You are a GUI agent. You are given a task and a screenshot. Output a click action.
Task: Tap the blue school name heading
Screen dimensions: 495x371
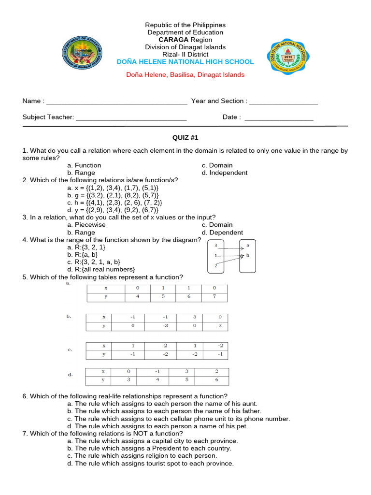point(185,62)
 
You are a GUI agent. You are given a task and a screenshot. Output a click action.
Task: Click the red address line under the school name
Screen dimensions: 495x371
point(185,75)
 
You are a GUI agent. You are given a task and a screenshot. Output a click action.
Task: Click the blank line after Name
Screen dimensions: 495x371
point(116,102)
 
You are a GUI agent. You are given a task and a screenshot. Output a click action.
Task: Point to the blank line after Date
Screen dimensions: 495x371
point(279,118)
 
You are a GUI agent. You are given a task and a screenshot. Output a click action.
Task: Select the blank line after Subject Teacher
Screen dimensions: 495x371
point(131,118)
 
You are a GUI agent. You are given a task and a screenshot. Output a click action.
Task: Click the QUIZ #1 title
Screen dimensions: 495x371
point(185,138)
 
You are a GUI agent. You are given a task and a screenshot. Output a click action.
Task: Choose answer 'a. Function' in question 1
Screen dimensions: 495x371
point(85,165)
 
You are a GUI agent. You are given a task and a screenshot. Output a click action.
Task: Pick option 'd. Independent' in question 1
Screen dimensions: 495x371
point(225,173)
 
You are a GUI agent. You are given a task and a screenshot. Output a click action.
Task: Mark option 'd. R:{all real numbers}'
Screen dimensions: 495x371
point(101,269)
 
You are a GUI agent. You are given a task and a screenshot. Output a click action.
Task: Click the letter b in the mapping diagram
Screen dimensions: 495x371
point(248,255)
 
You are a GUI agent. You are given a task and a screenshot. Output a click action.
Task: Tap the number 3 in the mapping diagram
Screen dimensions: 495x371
point(215,245)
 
